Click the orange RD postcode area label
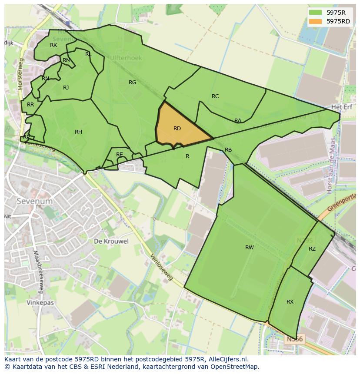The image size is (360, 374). (177, 129)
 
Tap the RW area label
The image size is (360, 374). (249, 248)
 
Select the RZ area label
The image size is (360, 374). (312, 249)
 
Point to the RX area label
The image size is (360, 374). (290, 302)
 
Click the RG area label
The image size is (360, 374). (132, 83)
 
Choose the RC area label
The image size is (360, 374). (215, 96)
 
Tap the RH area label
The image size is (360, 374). (78, 132)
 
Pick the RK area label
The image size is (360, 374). (53, 45)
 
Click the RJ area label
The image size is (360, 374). (66, 88)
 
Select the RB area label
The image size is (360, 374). (228, 150)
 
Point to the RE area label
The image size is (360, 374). (119, 155)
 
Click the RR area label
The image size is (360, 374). (30, 105)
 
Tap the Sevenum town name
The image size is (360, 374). (34, 202)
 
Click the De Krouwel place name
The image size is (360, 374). (111, 242)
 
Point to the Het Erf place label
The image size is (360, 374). (340, 107)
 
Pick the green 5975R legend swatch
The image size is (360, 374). (316, 12)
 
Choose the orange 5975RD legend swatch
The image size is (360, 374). (316, 21)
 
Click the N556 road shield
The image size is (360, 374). (295, 339)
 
